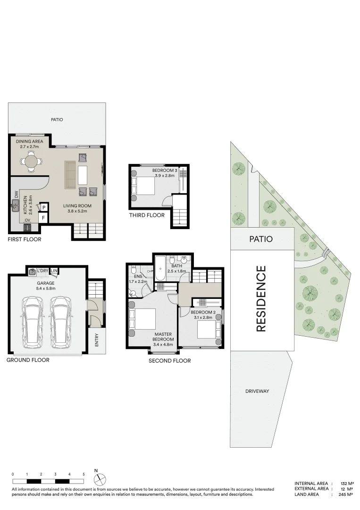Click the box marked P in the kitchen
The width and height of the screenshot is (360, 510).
point(43,207)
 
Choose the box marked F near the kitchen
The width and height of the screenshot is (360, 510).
point(43,218)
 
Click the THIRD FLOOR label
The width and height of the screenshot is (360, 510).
point(147,215)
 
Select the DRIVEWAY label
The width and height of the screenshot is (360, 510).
point(257,391)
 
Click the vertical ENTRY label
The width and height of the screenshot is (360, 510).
point(97,341)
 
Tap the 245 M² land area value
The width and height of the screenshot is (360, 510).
point(345,494)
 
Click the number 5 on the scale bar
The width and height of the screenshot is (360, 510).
point(84,474)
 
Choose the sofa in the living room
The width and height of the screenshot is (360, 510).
point(70,173)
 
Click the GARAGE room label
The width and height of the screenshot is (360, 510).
point(45,283)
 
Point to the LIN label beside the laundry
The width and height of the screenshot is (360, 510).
point(54,271)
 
